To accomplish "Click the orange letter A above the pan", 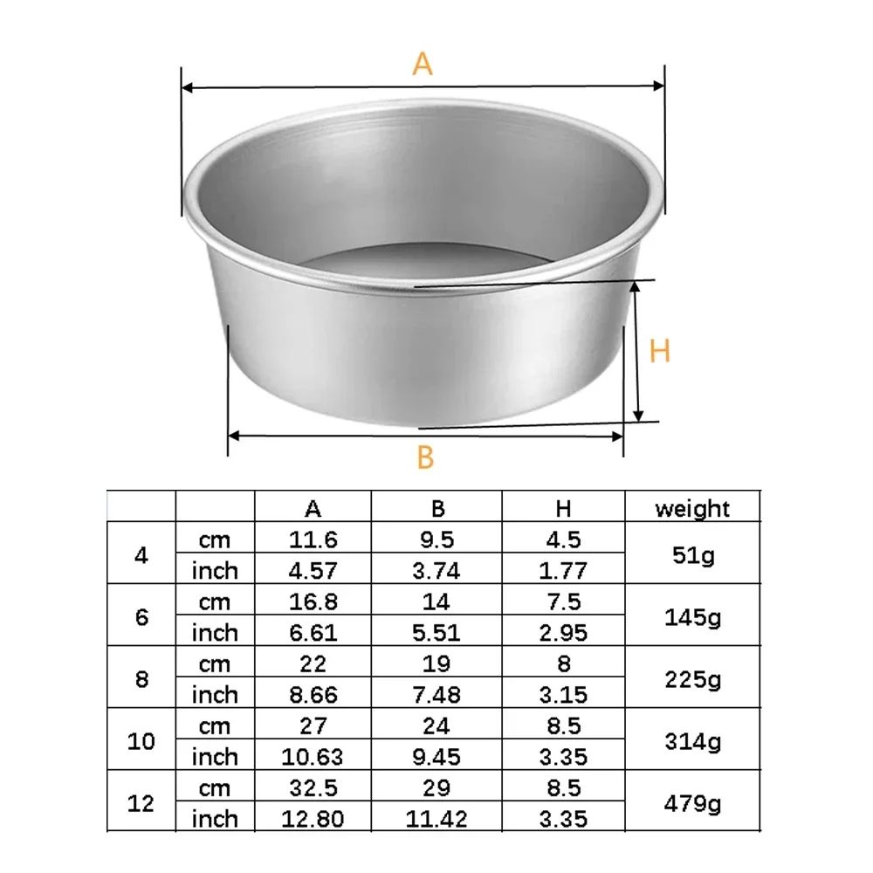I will [423, 64].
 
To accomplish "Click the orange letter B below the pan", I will [425, 457].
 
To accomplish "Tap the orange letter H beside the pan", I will [661, 352].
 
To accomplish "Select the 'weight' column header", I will [692, 508].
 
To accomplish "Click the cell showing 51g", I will [692, 554].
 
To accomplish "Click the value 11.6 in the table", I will [313, 540].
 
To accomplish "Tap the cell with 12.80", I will [313, 819].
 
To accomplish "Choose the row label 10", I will [141, 741].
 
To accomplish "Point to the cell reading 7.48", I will [437, 695].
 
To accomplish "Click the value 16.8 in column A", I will [313, 601].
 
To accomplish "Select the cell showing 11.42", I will [437, 819].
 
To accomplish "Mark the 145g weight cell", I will [692, 617].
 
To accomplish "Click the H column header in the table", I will [563, 508].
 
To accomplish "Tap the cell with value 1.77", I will [563, 571].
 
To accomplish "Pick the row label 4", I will [141, 554].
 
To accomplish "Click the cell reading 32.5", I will [313, 788].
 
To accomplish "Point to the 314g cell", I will [692, 741].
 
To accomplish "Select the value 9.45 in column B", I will [437, 757].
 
